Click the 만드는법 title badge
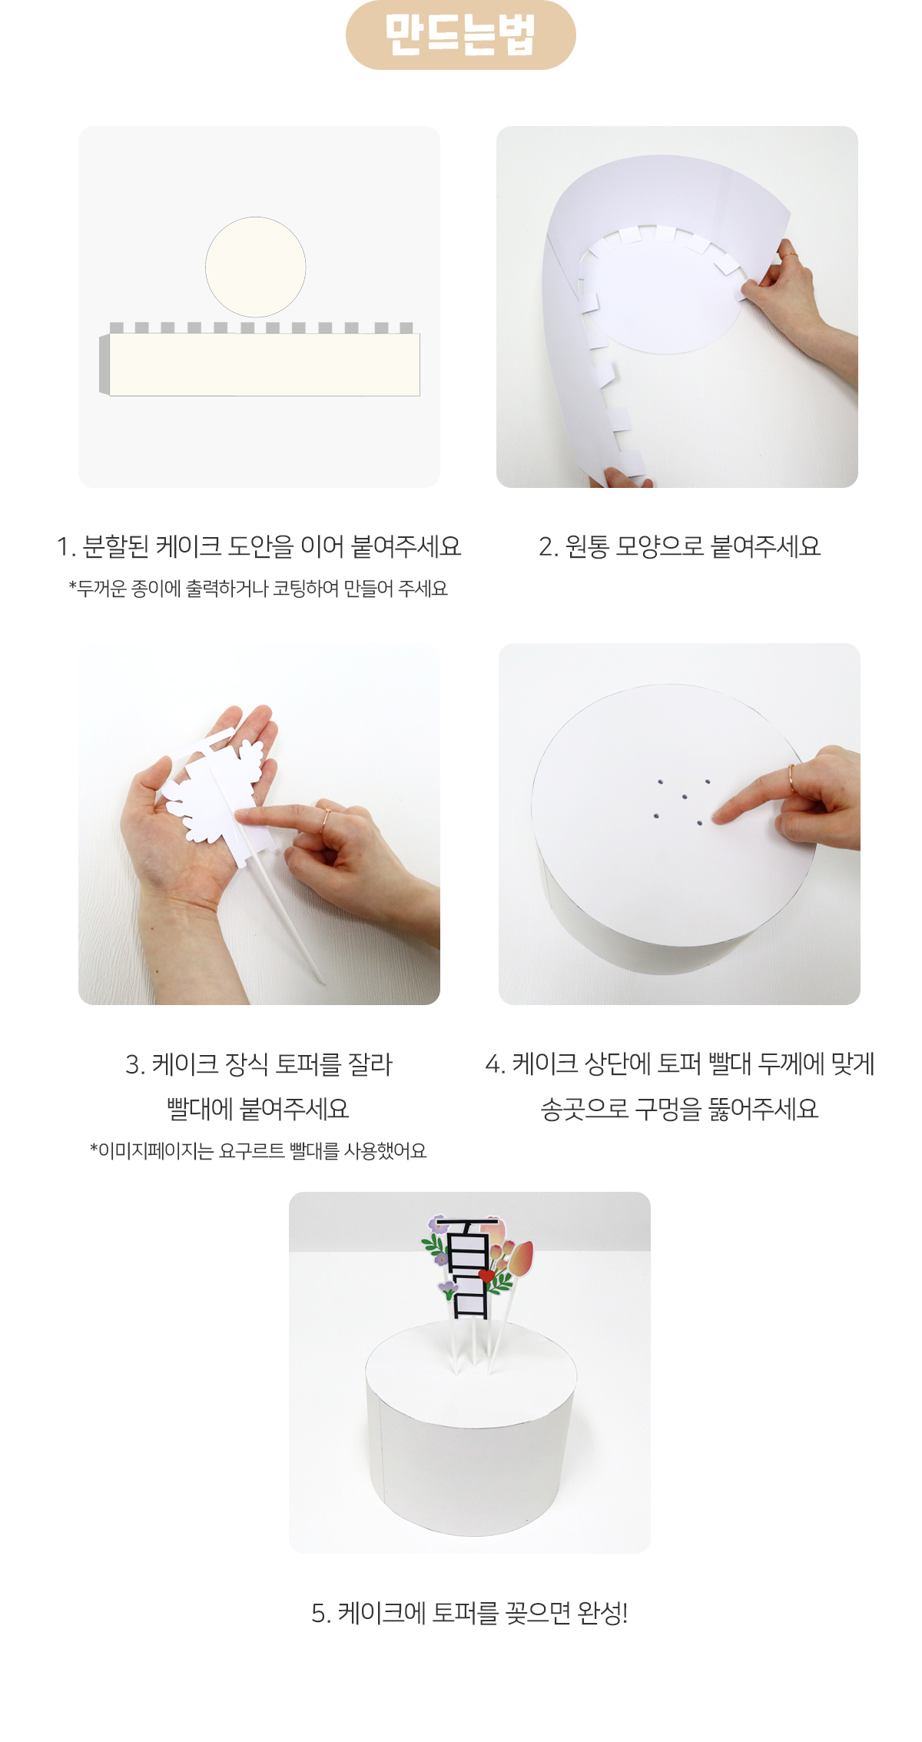pyautogui.click(x=460, y=35)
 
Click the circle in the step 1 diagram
pyautogui.click(x=256, y=267)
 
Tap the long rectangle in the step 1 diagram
pyautogui.click(x=264, y=365)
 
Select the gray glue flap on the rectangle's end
pyautogui.click(x=104, y=365)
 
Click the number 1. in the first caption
pyautogui.click(x=65, y=547)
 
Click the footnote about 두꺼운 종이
pyautogui.click(x=258, y=589)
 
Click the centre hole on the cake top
pyautogui.click(x=685, y=797)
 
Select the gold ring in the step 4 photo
pyautogui.click(x=791, y=778)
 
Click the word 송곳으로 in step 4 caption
pyautogui.click(x=585, y=1109)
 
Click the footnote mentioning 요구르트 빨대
pyautogui.click(x=258, y=1151)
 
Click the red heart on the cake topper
pyautogui.click(x=486, y=1276)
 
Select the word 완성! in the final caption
pyautogui.click(x=602, y=1613)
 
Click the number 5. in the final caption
pyautogui.click(x=321, y=1614)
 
